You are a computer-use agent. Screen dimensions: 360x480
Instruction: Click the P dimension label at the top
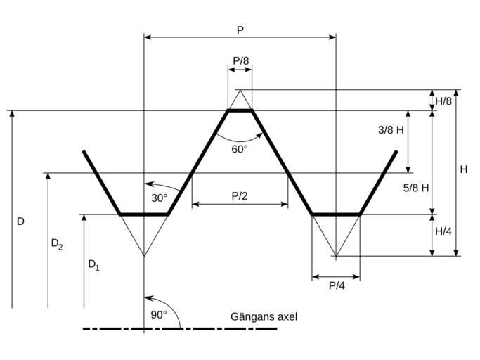click(240, 30)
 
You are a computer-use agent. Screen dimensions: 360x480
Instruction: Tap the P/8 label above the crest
click(240, 60)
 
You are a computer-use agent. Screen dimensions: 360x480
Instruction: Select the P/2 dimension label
click(240, 195)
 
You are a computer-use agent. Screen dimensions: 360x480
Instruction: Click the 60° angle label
click(240, 149)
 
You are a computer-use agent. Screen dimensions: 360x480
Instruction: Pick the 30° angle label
click(160, 198)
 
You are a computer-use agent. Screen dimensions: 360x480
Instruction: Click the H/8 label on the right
click(443, 101)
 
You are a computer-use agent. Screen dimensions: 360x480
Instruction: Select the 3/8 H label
click(391, 130)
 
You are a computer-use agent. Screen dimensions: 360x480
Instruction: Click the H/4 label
click(443, 231)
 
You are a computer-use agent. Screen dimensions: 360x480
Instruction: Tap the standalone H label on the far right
click(464, 169)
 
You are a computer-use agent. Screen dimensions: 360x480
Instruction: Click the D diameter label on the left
click(20, 221)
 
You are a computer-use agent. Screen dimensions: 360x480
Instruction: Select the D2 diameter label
click(57, 244)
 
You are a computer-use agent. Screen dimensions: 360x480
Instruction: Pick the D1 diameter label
click(93, 265)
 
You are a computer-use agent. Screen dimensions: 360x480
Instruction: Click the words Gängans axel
click(264, 316)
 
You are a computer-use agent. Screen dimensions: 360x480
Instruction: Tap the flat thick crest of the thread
click(240, 110)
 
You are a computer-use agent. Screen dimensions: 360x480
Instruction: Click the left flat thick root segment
click(144, 214)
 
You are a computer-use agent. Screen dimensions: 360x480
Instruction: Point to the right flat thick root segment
click(336, 214)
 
